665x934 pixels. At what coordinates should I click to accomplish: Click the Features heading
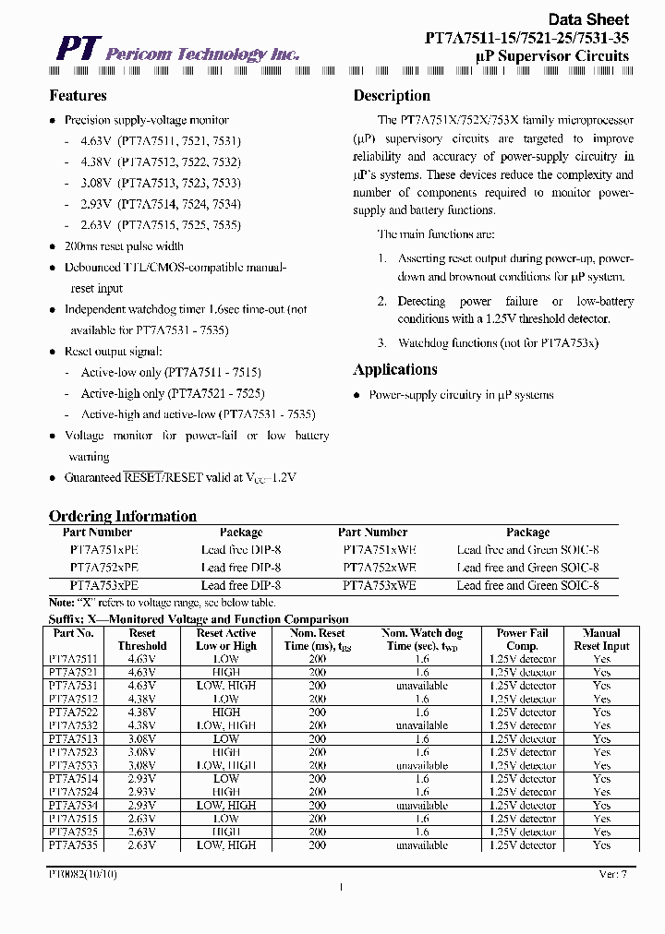pos(78,96)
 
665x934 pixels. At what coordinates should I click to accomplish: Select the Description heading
pos(392,96)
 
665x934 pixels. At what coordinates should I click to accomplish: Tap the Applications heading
pos(395,370)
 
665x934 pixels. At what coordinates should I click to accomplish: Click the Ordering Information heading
pos(122,516)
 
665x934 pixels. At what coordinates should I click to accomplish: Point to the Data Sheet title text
pos(588,18)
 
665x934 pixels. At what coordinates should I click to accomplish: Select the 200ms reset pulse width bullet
pos(123,246)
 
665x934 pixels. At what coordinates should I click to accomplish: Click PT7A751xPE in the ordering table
pos(103,549)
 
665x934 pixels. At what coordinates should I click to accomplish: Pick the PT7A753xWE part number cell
pos(379,585)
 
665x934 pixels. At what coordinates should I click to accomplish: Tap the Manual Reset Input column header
pos(601,640)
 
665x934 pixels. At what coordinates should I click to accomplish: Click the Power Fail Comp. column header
pos(523,640)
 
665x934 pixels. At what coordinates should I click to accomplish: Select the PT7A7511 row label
pos(72,659)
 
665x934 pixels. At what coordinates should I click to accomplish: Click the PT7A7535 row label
pos(72,845)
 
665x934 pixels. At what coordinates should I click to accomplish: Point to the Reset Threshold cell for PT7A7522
pos(142,712)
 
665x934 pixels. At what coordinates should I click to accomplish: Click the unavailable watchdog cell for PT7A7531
pos(421,686)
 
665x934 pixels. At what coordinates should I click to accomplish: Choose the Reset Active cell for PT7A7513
pos(225,739)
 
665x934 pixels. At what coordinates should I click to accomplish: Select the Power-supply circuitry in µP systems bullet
pos(460,395)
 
